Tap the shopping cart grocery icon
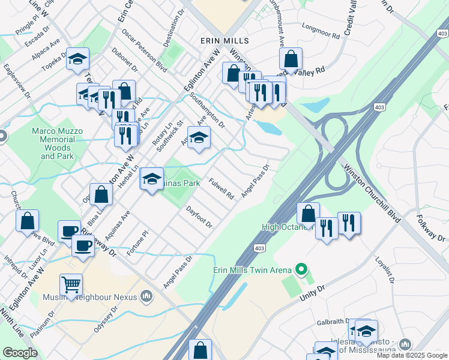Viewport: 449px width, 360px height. point(71,284)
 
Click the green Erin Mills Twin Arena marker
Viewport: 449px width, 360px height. point(301,269)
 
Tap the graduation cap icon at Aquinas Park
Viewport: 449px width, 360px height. point(151,178)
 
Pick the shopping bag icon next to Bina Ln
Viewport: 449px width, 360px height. point(101,194)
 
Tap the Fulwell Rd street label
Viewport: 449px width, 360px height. point(221,188)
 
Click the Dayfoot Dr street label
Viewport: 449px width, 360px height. point(199,217)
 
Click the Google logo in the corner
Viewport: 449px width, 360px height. point(20,353)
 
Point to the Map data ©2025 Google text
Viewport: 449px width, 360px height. point(412,355)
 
